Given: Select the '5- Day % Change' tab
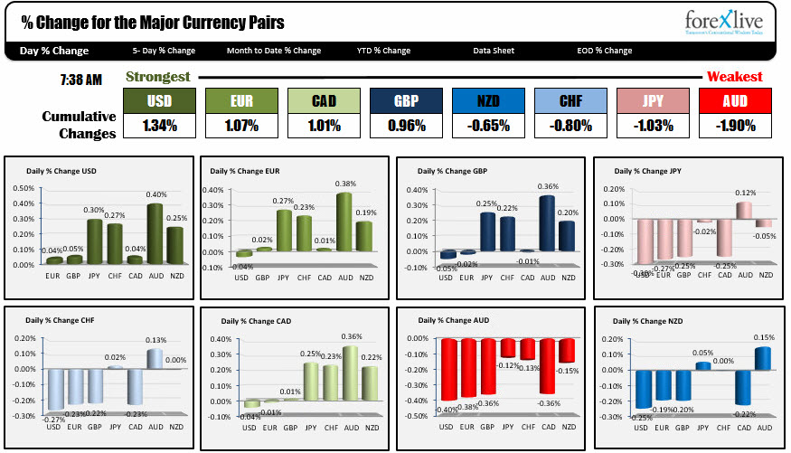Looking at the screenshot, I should pos(164,51).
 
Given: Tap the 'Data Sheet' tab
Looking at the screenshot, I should pos(493,51).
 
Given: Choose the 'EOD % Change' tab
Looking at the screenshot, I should pos(605,51).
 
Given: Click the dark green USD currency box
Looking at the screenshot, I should pos(158,99).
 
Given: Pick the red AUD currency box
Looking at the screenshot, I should pos(735,99).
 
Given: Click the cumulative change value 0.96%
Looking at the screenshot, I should pos(406,126).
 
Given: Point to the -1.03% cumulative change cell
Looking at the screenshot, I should pos(653,126).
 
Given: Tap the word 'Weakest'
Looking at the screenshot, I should pos(734,77).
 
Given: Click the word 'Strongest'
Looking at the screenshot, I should pos(158,77).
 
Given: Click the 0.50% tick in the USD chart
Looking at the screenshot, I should pos(24,189).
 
